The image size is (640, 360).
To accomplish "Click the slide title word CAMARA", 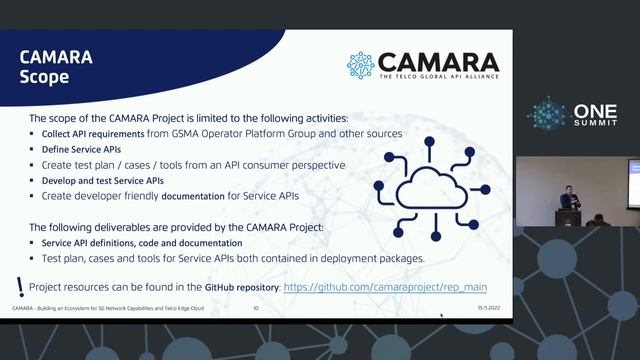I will point(56,56).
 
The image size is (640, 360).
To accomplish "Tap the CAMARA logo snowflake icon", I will point(360,65).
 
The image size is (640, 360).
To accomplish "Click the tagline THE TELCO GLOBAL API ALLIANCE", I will point(438,78).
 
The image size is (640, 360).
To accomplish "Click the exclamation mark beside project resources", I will point(20,286).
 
